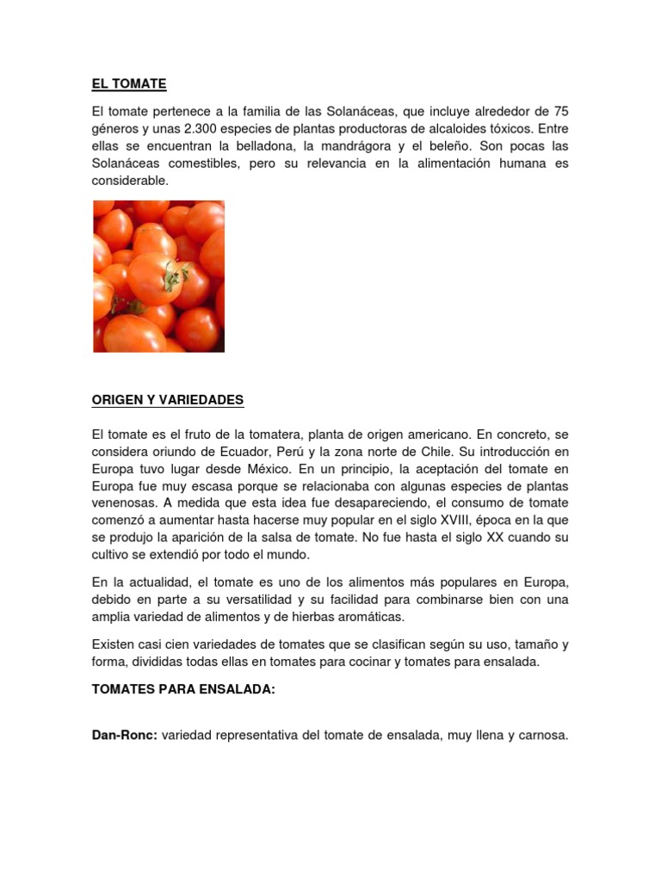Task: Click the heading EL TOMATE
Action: tap(129, 84)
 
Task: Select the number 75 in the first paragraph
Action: tap(560, 112)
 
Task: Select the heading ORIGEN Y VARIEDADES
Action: tap(168, 400)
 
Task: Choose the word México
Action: tap(266, 469)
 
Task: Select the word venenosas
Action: tap(124, 503)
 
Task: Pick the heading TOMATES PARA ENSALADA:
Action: tap(183, 691)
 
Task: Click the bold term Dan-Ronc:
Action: tap(124, 736)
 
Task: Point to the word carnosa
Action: tap(541, 736)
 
